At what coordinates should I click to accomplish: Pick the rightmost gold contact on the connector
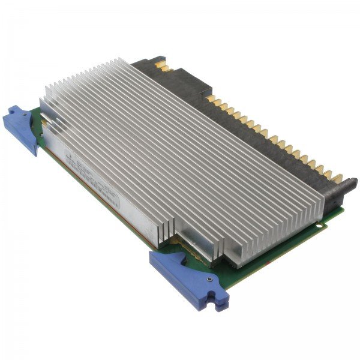pos(337,178)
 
